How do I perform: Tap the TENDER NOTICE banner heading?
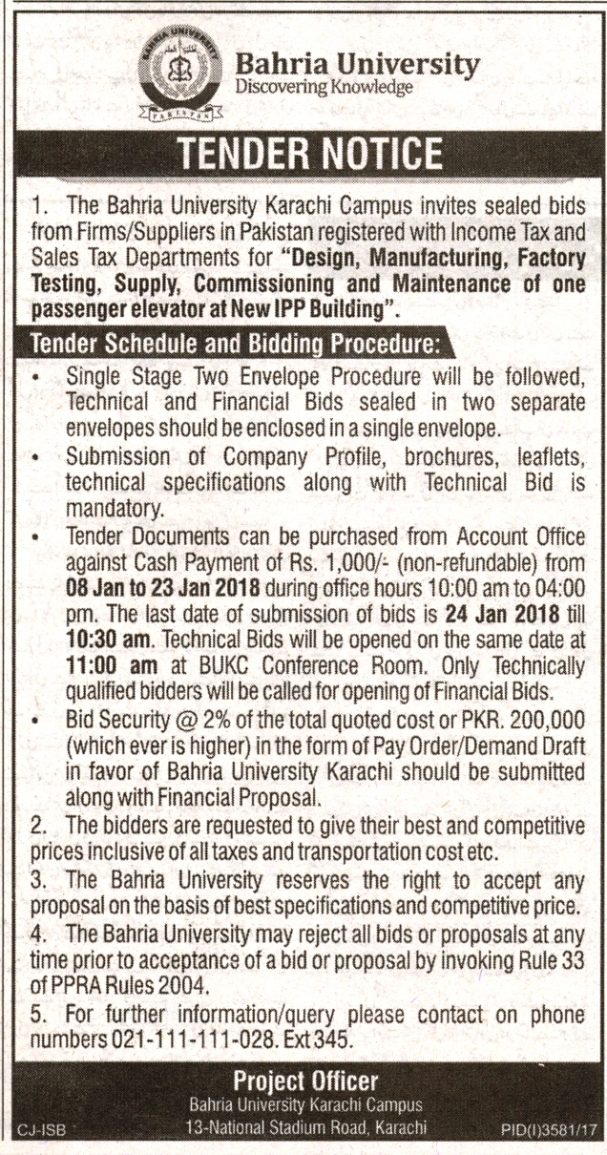tap(303, 153)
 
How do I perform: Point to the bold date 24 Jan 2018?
tap(494, 610)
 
